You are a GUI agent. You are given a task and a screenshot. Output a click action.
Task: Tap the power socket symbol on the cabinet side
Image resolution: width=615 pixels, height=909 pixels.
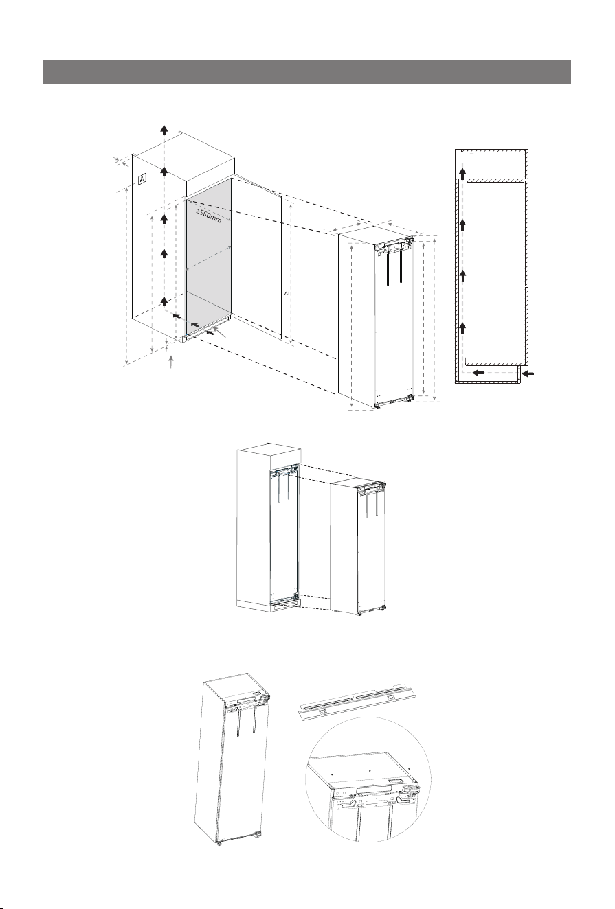pyautogui.click(x=142, y=179)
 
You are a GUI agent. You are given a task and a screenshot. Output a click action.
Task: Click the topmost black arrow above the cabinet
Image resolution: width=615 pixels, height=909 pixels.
pyautogui.click(x=164, y=130)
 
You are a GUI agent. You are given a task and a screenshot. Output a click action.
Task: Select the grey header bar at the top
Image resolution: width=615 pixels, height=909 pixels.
pyautogui.click(x=306, y=72)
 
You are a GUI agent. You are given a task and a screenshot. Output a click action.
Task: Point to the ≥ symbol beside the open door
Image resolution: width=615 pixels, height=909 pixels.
pyautogui.click(x=286, y=292)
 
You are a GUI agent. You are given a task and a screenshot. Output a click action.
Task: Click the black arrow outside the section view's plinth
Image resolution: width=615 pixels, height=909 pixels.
pyautogui.click(x=528, y=373)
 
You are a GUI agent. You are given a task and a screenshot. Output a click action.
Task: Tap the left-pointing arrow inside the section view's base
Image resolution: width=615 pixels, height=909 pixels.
pyautogui.click(x=478, y=372)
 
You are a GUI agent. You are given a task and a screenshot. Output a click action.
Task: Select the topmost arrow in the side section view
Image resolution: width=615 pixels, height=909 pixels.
pyautogui.click(x=462, y=174)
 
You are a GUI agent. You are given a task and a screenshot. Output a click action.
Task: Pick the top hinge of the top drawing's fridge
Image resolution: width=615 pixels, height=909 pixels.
pyautogui.click(x=409, y=242)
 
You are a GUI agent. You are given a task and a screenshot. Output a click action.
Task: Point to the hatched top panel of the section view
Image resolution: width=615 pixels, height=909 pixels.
pyautogui.click(x=494, y=151)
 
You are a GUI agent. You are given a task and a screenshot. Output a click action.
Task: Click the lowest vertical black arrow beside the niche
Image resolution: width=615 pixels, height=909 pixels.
pyautogui.click(x=164, y=301)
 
